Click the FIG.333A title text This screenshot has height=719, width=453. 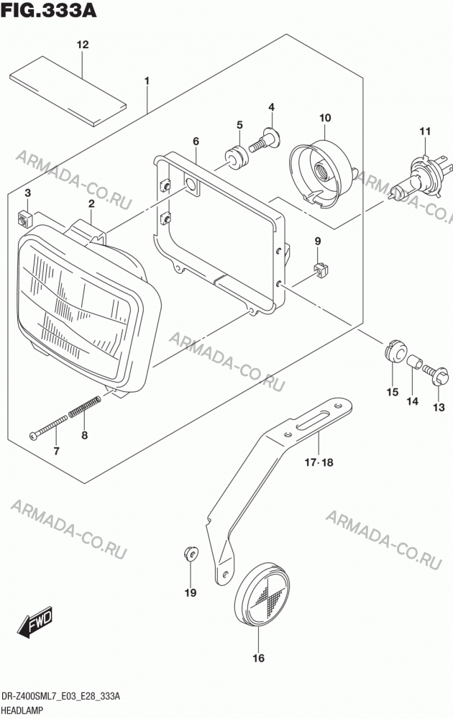point(49,10)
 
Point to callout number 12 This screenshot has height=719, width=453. point(83,45)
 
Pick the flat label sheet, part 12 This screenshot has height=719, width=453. point(68,91)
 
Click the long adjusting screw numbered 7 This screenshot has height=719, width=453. point(49,426)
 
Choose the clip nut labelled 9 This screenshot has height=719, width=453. point(322,270)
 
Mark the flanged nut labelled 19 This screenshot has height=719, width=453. point(190,554)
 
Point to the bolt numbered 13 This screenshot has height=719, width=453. point(436,374)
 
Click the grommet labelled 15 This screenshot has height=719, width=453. point(395,351)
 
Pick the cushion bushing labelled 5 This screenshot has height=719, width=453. point(237,155)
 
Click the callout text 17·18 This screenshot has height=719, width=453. point(319,462)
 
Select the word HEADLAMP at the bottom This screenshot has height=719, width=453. point(22,710)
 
